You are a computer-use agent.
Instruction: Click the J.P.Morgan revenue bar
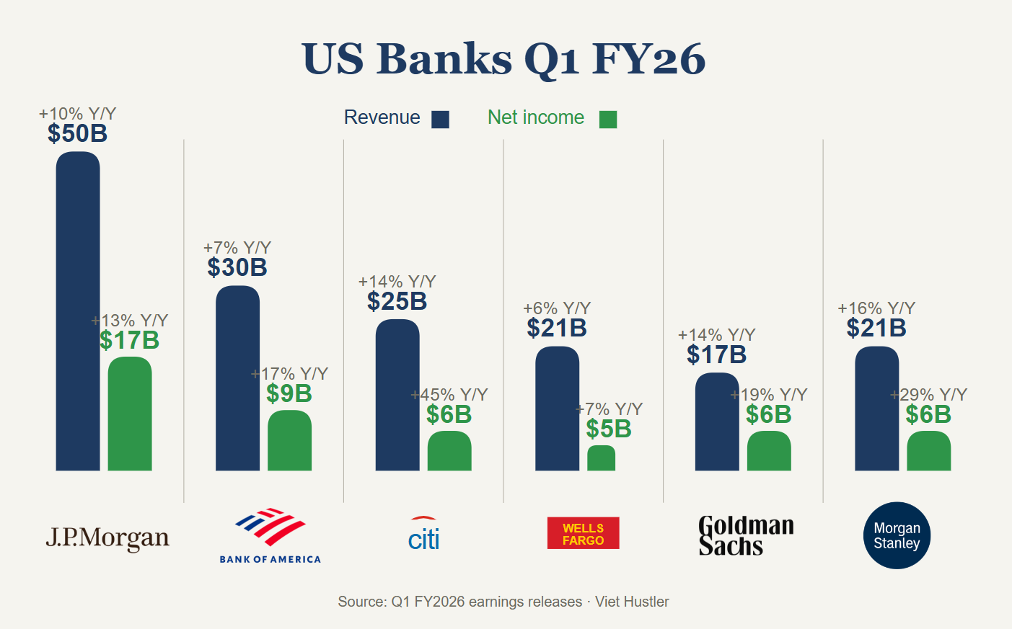[x=78, y=311]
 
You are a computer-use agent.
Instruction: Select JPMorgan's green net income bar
[x=130, y=414]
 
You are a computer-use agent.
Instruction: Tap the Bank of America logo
[x=270, y=535]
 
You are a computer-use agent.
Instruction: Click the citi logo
[x=423, y=535]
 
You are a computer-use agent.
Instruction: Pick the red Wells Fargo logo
[x=583, y=533]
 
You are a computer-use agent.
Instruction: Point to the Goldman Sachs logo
[x=746, y=535]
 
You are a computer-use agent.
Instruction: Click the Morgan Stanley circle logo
[x=897, y=535]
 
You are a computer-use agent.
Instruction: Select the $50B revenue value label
[x=78, y=133]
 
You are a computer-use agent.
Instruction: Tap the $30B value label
[x=237, y=267]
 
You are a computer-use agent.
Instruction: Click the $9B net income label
[x=289, y=393]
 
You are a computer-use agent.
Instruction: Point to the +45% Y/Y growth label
[x=449, y=395]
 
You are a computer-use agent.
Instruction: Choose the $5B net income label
[x=609, y=429]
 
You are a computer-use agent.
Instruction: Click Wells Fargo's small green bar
[x=601, y=458]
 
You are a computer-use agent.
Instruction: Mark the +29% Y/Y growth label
[x=929, y=395]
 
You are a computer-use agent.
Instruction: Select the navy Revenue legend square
[x=440, y=120]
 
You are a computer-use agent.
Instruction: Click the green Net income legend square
[x=608, y=120]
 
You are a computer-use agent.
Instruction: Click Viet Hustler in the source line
[x=632, y=602]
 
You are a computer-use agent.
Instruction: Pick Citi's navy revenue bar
[x=397, y=395]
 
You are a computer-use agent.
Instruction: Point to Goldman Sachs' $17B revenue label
[x=716, y=354]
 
